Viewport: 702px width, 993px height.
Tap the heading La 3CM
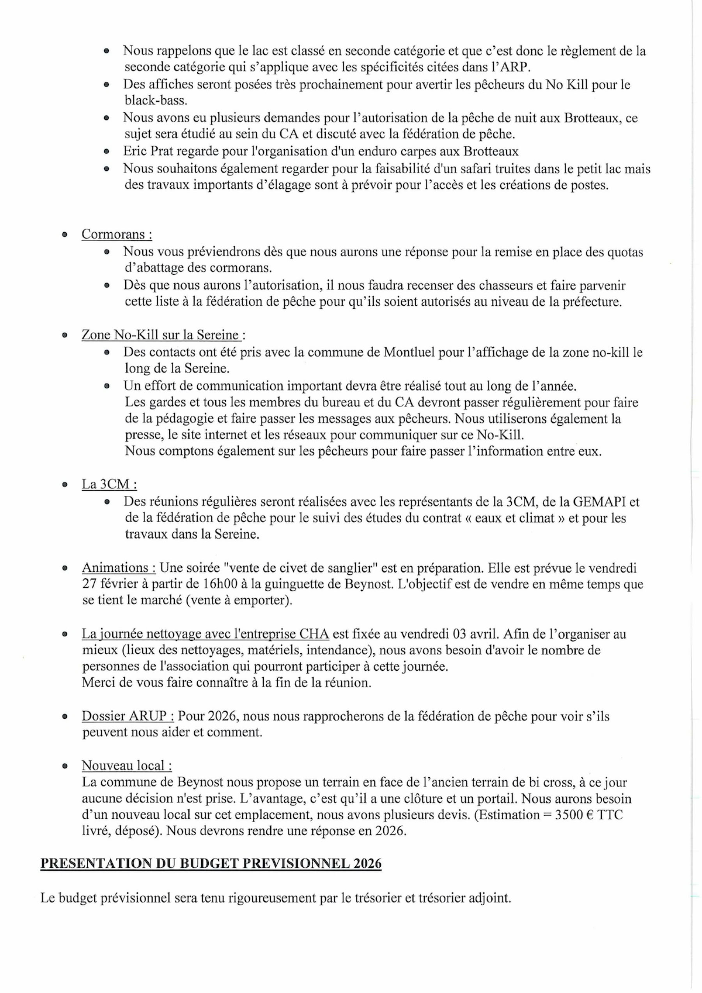[x=109, y=484]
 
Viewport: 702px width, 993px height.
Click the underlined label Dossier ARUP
[x=128, y=716]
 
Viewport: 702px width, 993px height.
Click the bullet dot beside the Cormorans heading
[x=64, y=235]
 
